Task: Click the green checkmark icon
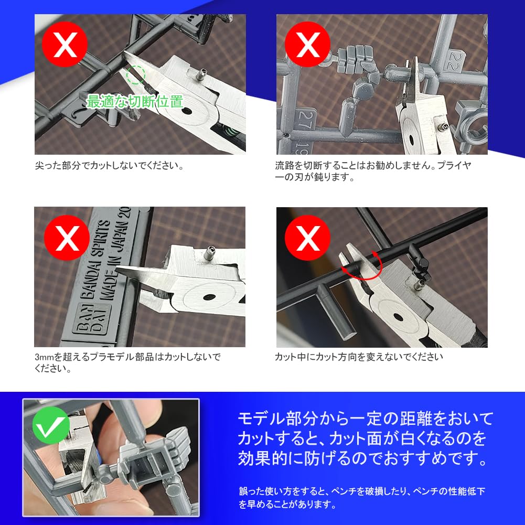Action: pyautogui.click(x=51, y=425)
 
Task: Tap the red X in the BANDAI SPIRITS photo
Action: pyautogui.click(x=67, y=238)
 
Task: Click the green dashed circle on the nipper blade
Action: pyautogui.click(x=136, y=74)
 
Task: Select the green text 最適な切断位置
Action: pyautogui.click(x=135, y=101)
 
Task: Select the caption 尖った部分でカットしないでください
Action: pyautogui.click(x=109, y=166)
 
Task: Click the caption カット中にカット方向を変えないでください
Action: pyautogui.click(x=359, y=357)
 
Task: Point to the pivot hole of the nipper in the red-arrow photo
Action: pyautogui.click(x=398, y=317)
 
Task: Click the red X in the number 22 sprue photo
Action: pyautogui.click(x=307, y=44)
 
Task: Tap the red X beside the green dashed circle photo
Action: pyautogui.click(x=65, y=44)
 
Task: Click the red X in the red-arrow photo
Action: pyautogui.click(x=307, y=238)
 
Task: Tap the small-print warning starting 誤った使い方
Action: pyautogui.click(x=361, y=498)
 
